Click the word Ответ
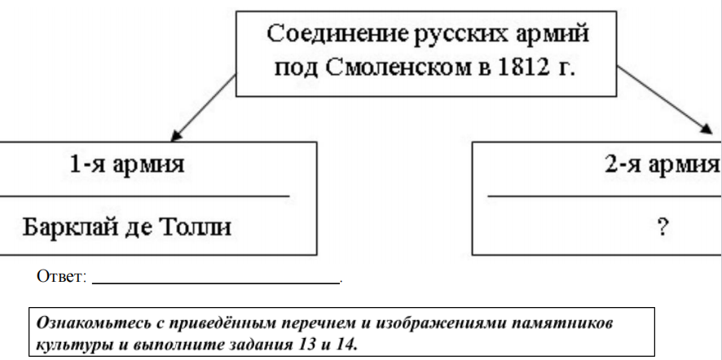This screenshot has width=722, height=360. point(62,278)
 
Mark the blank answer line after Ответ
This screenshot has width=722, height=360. point(216,283)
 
